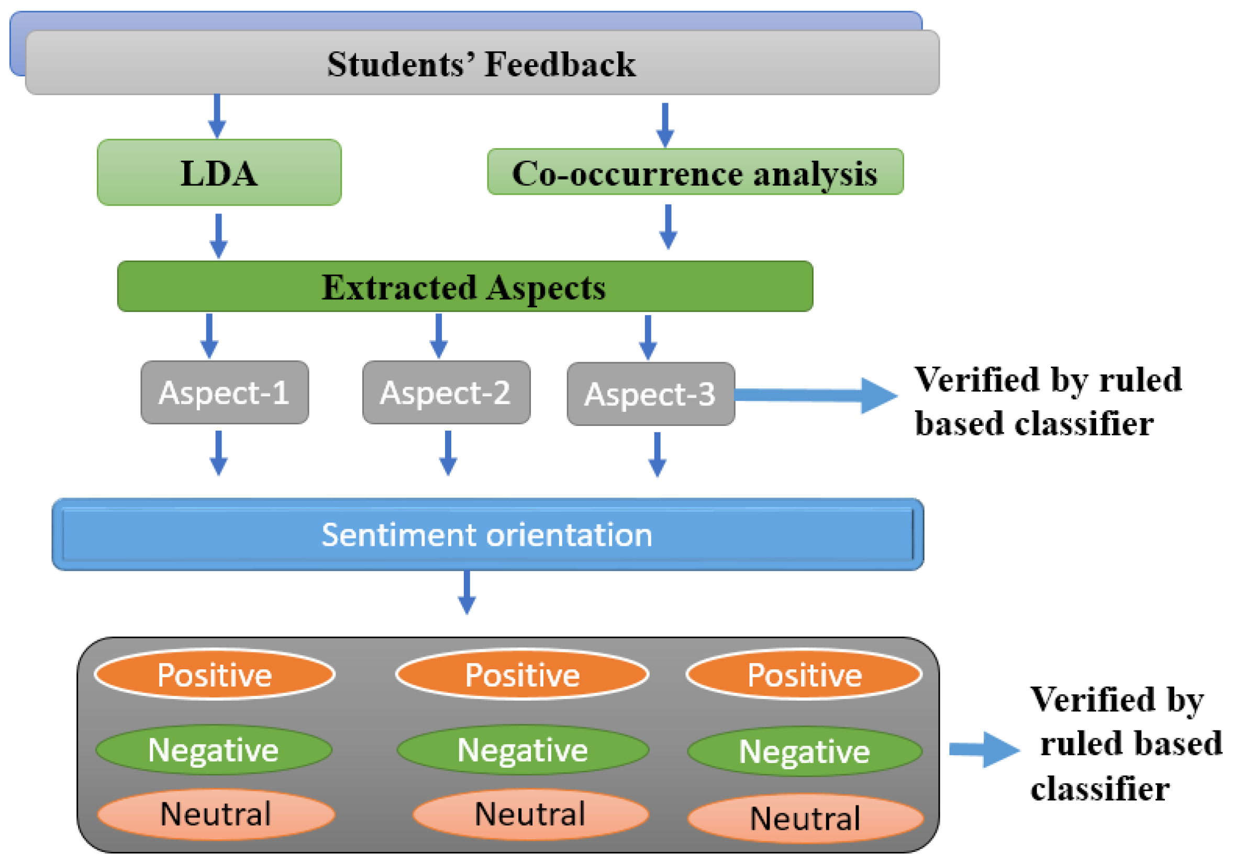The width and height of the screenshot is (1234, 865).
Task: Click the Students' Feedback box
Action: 482,63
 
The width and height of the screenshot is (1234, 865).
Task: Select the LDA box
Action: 219,173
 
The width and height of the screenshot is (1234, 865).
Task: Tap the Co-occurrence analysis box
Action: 695,173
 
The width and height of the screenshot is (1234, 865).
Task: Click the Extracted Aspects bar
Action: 465,286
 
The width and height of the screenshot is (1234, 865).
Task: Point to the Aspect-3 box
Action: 650,395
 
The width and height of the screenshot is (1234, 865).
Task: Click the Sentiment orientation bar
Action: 487,535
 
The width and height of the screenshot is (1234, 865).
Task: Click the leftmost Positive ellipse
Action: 215,675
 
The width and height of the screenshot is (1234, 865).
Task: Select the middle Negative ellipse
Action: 523,750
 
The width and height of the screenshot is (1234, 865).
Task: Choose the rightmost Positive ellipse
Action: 805,675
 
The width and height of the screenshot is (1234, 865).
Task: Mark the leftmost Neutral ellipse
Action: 216,814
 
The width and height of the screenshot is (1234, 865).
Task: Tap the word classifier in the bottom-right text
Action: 1099,789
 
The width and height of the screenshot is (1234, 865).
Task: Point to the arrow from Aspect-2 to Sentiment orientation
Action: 448,453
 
